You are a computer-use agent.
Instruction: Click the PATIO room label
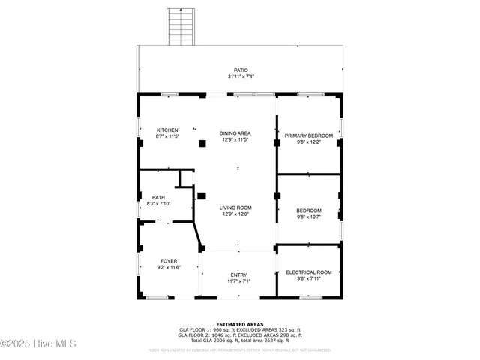240,70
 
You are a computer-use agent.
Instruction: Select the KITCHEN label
166,130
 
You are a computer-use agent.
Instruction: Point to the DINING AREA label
235,133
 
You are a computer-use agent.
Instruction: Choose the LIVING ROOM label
235,208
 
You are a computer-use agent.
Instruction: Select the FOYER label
168,261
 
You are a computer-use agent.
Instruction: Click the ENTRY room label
238,275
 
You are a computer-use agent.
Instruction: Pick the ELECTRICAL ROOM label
308,272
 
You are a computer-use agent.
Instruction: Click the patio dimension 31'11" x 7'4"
240,76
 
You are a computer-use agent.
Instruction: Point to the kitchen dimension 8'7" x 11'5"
167,136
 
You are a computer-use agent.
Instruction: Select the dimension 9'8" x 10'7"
308,217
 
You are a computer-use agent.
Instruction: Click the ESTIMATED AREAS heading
239,324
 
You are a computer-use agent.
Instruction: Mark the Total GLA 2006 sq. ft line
239,340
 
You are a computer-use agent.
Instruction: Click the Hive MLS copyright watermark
39,343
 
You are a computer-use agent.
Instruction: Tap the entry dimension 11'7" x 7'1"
238,281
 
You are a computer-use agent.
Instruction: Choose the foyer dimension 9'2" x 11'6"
168,267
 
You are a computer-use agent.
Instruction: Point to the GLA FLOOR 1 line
239,329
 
